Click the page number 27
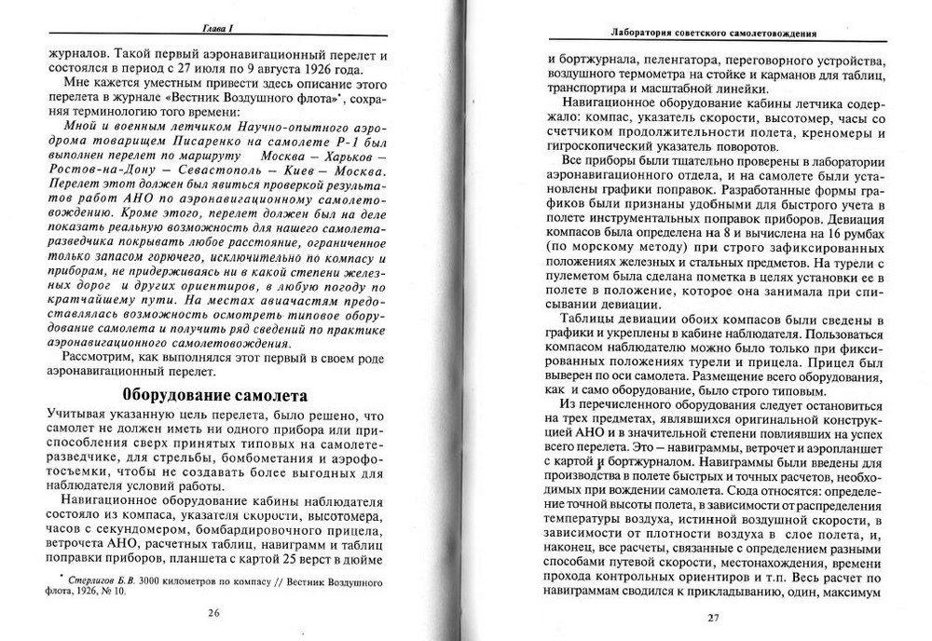(x=714, y=617)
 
